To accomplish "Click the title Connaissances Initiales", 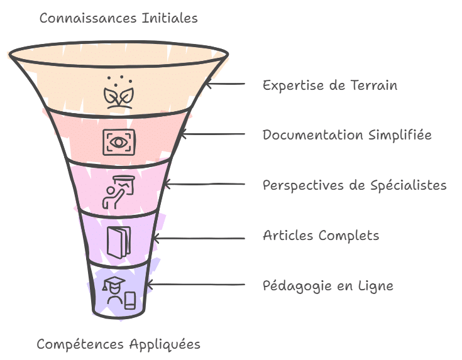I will point(118,18).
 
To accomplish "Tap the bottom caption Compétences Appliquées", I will point(118,344).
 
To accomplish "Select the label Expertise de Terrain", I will point(329,85).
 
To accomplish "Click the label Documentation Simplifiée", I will point(347,135).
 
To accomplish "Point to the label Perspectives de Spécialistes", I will point(355,185).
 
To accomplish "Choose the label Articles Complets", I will point(321,236).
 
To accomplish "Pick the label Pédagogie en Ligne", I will point(327,286).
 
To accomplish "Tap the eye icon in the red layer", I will point(118,141).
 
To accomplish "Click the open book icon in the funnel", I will point(118,239).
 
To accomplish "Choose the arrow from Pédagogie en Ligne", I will point(195,285).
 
